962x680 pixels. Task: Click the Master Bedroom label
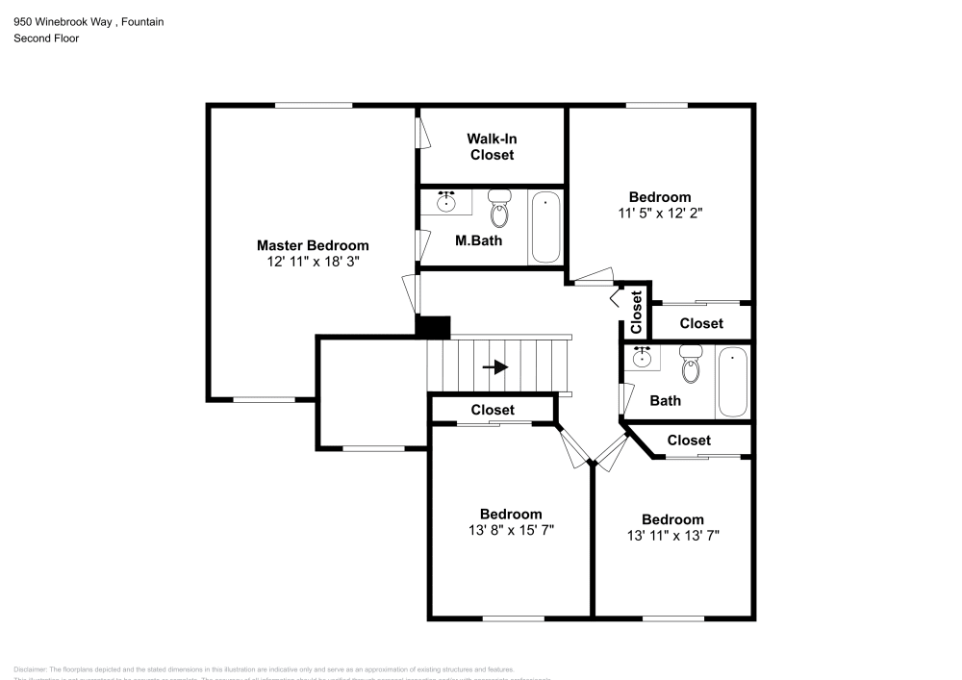[x=312, y=245]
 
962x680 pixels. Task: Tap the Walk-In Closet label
[x=492, y=146]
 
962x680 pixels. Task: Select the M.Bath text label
[x=478, y=240]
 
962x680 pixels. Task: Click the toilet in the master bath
[x=499, y=207]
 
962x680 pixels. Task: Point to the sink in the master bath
[x=446, y=203]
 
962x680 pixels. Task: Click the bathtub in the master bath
[x=545, y=227]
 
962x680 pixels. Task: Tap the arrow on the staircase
[x=494, y=367]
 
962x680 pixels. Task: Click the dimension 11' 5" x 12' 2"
[x=660, y=214]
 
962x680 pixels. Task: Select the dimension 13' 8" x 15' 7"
[x=511, y=530]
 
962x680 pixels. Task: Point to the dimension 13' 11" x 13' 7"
[x=672, y=536]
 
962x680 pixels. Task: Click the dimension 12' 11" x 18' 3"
[x=312, y=262]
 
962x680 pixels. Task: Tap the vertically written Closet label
[x=636, y=312]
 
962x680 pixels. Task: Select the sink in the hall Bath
[x=641, y=359]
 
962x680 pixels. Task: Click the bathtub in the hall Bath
[x=732, y=382]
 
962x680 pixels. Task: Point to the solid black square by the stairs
[x=433, y=327]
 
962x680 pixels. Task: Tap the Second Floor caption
[x=46, y=38]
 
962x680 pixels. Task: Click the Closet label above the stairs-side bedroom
[x=493, y=410]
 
